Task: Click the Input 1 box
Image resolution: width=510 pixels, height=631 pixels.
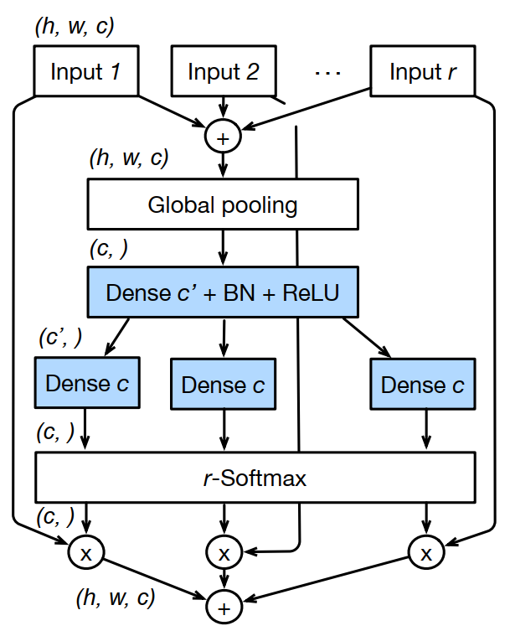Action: [86, 71]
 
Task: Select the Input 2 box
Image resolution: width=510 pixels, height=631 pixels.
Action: [224, 71]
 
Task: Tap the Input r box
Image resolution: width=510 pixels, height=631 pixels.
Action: [423, 71]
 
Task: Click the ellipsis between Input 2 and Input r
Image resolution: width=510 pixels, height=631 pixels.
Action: [328, 72]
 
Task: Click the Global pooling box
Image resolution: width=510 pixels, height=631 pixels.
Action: [223, 204]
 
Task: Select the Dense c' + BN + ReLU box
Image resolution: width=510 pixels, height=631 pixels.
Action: [223, 292]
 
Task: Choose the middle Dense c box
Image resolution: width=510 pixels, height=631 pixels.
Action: [223, 385]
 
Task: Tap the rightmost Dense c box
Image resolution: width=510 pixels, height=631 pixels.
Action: [423, 384]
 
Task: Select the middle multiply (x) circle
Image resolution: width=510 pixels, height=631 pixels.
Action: [224, 551]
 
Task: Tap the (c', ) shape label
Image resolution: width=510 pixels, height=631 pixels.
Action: [60, 338]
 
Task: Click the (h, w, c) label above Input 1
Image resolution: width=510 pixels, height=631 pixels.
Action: [74, 25]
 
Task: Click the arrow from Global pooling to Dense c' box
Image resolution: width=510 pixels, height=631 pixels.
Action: [223, 248]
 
